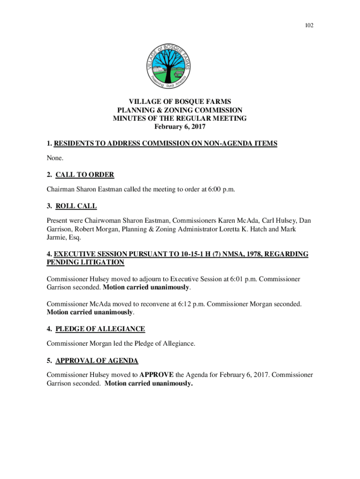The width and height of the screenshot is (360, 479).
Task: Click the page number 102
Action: [x=296, y=25]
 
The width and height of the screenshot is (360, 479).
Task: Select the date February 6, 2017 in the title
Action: [x=180, y=127]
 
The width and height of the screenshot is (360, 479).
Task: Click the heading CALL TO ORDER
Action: [x=85, y=175]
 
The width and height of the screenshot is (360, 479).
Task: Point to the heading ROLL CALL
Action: [x=76, y=206]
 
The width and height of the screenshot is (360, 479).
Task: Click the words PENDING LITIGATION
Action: [x=86, y=262]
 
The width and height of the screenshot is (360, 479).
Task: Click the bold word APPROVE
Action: [x=157, y=375]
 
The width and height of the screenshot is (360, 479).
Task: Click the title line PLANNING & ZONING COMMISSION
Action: [x=180, y=110]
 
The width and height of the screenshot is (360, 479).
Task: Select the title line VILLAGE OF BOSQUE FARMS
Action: [x=180, y=102]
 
